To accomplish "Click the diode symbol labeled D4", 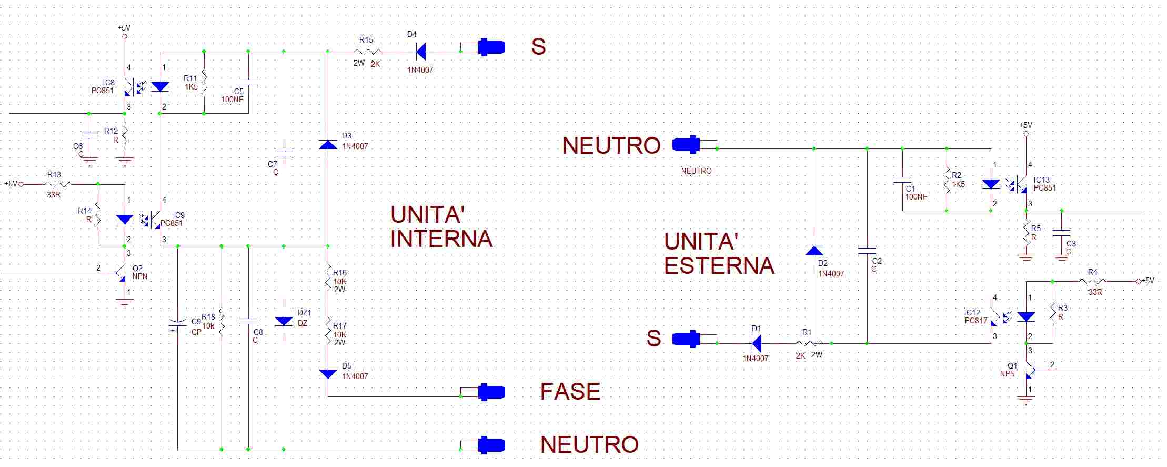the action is pyautogui.click(x=421, y=52).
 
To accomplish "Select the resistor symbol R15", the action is pyautogui.click(x=367, y=52).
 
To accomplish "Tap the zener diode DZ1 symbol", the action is pyautogui.click(x=284, y=321).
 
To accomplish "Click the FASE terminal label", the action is pyautogui.click(x=570, y=391).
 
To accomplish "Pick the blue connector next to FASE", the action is pyautogui.click(x=491, y=392).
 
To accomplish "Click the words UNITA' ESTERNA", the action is pyautogui.click(x=719, y=254).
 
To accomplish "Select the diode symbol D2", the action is pyautogui.click(x=814, y=251).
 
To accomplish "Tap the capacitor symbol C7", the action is pyautogui.click(x=284, y=154).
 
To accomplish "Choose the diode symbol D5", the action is pyautogui.click(x=328, y=374).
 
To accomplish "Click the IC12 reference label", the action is pyautogui.click(x=972, y=313).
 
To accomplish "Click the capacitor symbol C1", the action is pyautogui.click(x=902, y=181).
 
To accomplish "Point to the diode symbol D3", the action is pyautogui.click(x=328, y=144).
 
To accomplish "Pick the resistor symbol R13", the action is pyautogui.click(x=58, y=184).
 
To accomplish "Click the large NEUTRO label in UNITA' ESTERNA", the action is pyautogui.click(x=611, y=145).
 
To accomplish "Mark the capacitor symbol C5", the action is pyautogui.click(x=248, y=82).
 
